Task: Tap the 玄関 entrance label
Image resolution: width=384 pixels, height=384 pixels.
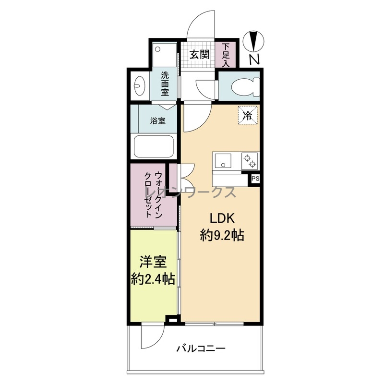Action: (x=200, y=54)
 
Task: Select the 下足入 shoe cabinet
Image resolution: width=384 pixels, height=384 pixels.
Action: (x=226, y=55)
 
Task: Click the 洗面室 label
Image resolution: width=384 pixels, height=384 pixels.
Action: (x=165, y=84)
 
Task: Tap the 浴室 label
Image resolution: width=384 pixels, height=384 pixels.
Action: (x=157, y=121)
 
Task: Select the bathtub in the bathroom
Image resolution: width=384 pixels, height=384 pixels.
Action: (x=154, y=147)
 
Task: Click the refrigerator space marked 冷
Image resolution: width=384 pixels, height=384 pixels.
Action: (x=248, y=115)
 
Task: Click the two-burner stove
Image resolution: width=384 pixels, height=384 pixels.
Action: (x=250, y=161)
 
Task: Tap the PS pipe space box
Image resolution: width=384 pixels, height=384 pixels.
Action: (x=255, y=179)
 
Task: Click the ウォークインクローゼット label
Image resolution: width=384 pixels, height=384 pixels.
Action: (x=154, y=195)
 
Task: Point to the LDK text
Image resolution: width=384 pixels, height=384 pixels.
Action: (x=222, y=218)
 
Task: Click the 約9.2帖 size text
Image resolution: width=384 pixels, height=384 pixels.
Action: (x=222, y=236)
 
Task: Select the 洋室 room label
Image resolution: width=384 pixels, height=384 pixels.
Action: (x=153, y=262)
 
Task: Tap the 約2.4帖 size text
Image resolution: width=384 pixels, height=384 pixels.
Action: (x=153, y=279)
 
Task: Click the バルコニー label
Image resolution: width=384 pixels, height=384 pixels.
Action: (x=201, y=348)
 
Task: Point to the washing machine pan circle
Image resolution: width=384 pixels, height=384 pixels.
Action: (x=158, y=49)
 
